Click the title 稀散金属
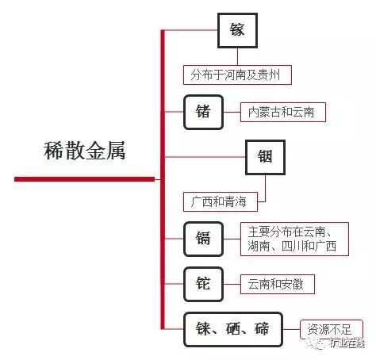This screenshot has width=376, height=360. coord(85,151)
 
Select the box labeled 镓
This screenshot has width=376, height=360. coord(237,30)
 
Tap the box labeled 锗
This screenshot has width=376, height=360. coord(203,112)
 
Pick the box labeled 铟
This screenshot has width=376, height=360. coord(265,157)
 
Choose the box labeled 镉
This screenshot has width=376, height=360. coord(203,239)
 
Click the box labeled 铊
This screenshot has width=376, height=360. coord(203,284)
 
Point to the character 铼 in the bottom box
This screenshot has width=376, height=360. coord(203,329)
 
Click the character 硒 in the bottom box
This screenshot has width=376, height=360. coord(233,329)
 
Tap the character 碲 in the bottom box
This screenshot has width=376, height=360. coord(262,329)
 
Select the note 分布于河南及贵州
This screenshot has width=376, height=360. coord(237,75)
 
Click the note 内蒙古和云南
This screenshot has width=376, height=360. coord(283,112)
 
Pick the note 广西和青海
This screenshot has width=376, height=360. coord(221,201)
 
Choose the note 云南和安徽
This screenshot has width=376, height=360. coord(278,284)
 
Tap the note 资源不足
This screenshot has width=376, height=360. coord(332,329)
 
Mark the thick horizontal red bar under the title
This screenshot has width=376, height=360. coord(84,179)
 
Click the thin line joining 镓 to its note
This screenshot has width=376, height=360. coord(237,56)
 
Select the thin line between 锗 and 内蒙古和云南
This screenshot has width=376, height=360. coord(232,112)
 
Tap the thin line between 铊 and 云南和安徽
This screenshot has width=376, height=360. coord(232,284)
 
